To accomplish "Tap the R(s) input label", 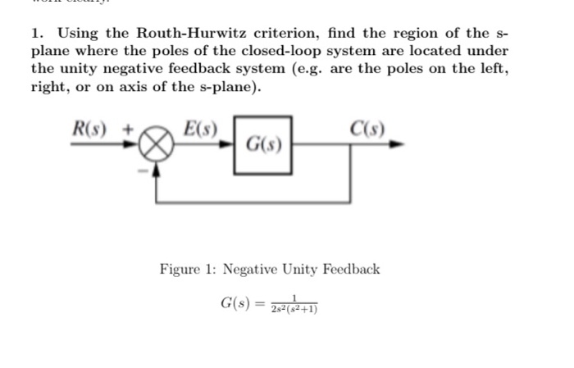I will click(x=91, y=129).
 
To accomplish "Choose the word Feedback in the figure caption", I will click(x=350, y=269).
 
